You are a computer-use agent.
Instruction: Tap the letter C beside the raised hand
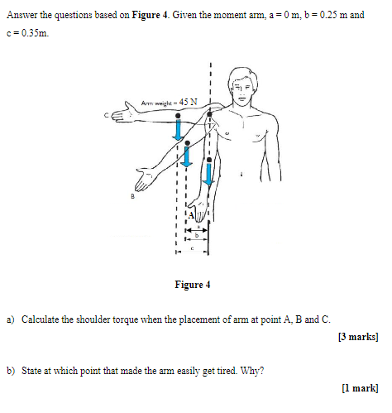[x=106, y=114]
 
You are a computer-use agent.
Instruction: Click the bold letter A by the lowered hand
[x=192, y=214]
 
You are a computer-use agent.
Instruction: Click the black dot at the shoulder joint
[x=210, y=116]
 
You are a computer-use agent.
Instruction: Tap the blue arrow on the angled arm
[x=188, y=156]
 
